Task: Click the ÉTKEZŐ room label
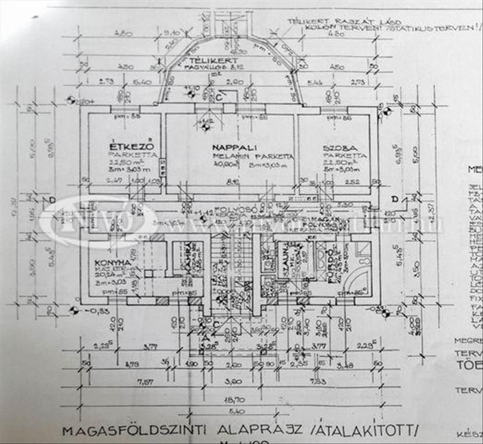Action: [131, 146]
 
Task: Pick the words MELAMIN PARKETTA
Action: [253, 156]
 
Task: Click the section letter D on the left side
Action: [52, 200]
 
